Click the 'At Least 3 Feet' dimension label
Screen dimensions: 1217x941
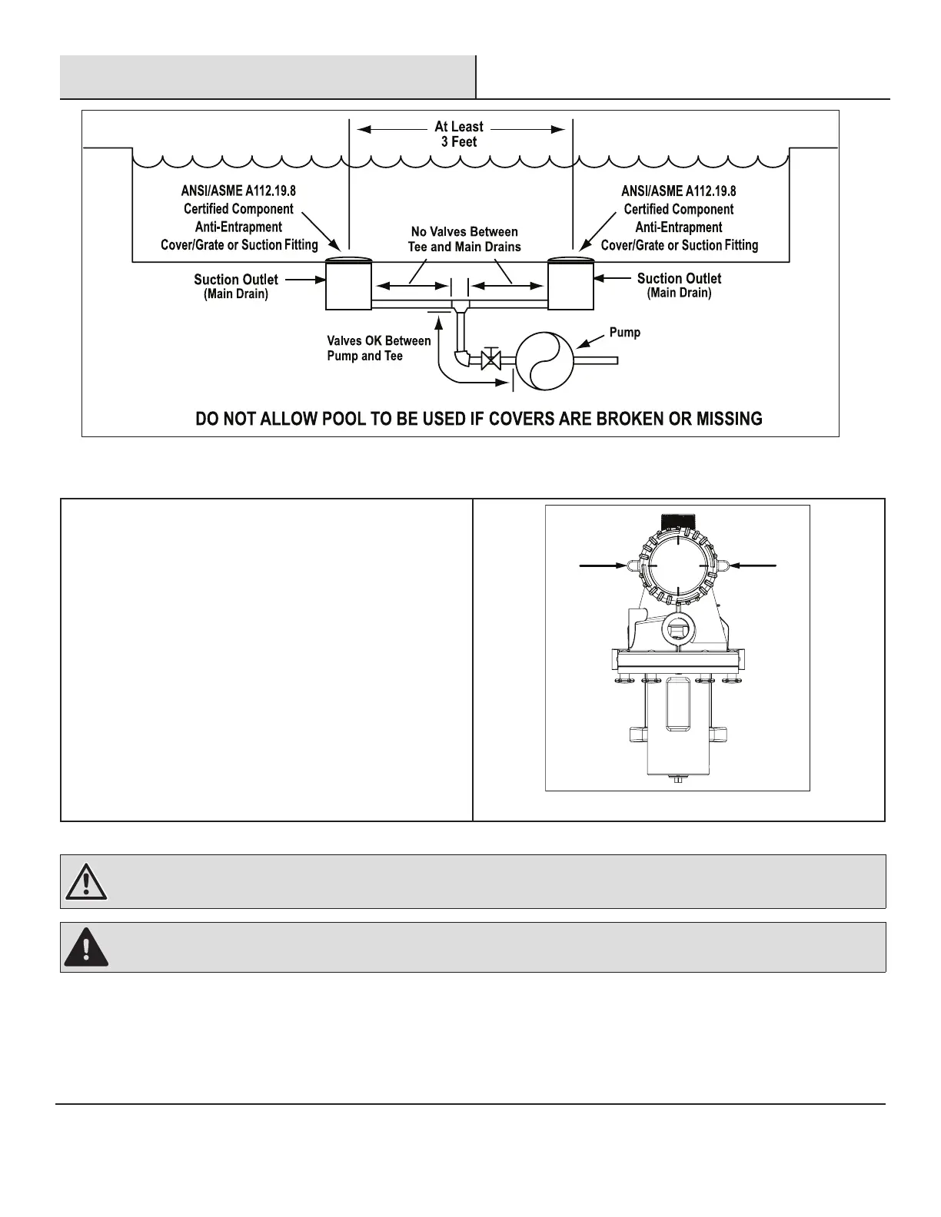(x=459, y=134)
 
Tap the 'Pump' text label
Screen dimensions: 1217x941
(x=624, y=333)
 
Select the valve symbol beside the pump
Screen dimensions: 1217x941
(x=490, y=360)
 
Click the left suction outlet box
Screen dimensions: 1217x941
(x=348, y=285)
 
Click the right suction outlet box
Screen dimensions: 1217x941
(x=570, y=285)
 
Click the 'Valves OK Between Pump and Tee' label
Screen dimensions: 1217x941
(x=378, y=348)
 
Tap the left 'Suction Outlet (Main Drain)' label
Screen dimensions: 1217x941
(x=236, y=286)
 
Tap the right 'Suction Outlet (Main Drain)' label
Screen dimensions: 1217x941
(x=679, y=285)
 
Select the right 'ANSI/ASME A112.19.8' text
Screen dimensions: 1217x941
(x=679, y=191)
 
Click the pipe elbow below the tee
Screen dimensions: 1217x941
(x=462, y=358)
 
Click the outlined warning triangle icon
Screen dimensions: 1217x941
(x=86, y=882)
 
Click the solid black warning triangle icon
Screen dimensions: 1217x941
(x=86, y=948)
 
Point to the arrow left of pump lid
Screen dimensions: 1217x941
(x=602, y=565)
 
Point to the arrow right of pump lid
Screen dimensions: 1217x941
(x=753, y=565)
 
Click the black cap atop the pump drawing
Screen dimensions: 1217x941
(x=677, y=521)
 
